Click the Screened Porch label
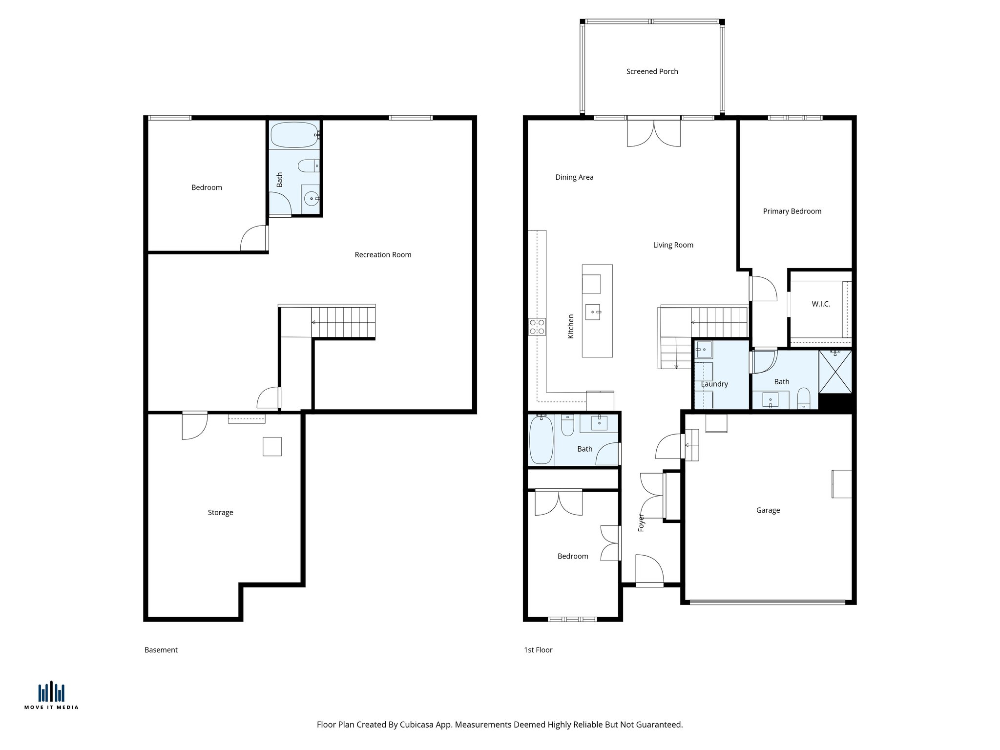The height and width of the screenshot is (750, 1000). point(652,71)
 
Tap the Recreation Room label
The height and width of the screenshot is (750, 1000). point(383,254)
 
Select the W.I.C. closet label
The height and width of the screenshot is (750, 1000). point(821,304)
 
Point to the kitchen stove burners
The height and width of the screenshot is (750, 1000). point(537,327)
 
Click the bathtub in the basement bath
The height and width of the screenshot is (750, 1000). point(294,135)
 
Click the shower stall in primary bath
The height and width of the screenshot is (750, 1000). point(835,372)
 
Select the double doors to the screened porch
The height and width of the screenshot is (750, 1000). point(653,133)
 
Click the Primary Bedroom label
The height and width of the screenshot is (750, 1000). point(792,211)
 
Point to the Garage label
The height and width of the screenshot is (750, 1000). point(768,510)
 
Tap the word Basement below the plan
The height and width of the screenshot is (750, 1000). point(161,650)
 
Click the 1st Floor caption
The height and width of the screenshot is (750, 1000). point(538,650)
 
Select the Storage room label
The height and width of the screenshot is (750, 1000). point(220,512)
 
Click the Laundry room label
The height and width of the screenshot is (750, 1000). point(714,384)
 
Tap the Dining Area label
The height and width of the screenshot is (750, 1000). point(574,177)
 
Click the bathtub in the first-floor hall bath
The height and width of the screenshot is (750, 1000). point(541,439)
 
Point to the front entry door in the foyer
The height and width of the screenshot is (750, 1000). point(649,570)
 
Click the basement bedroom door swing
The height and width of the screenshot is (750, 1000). point(254,239)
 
